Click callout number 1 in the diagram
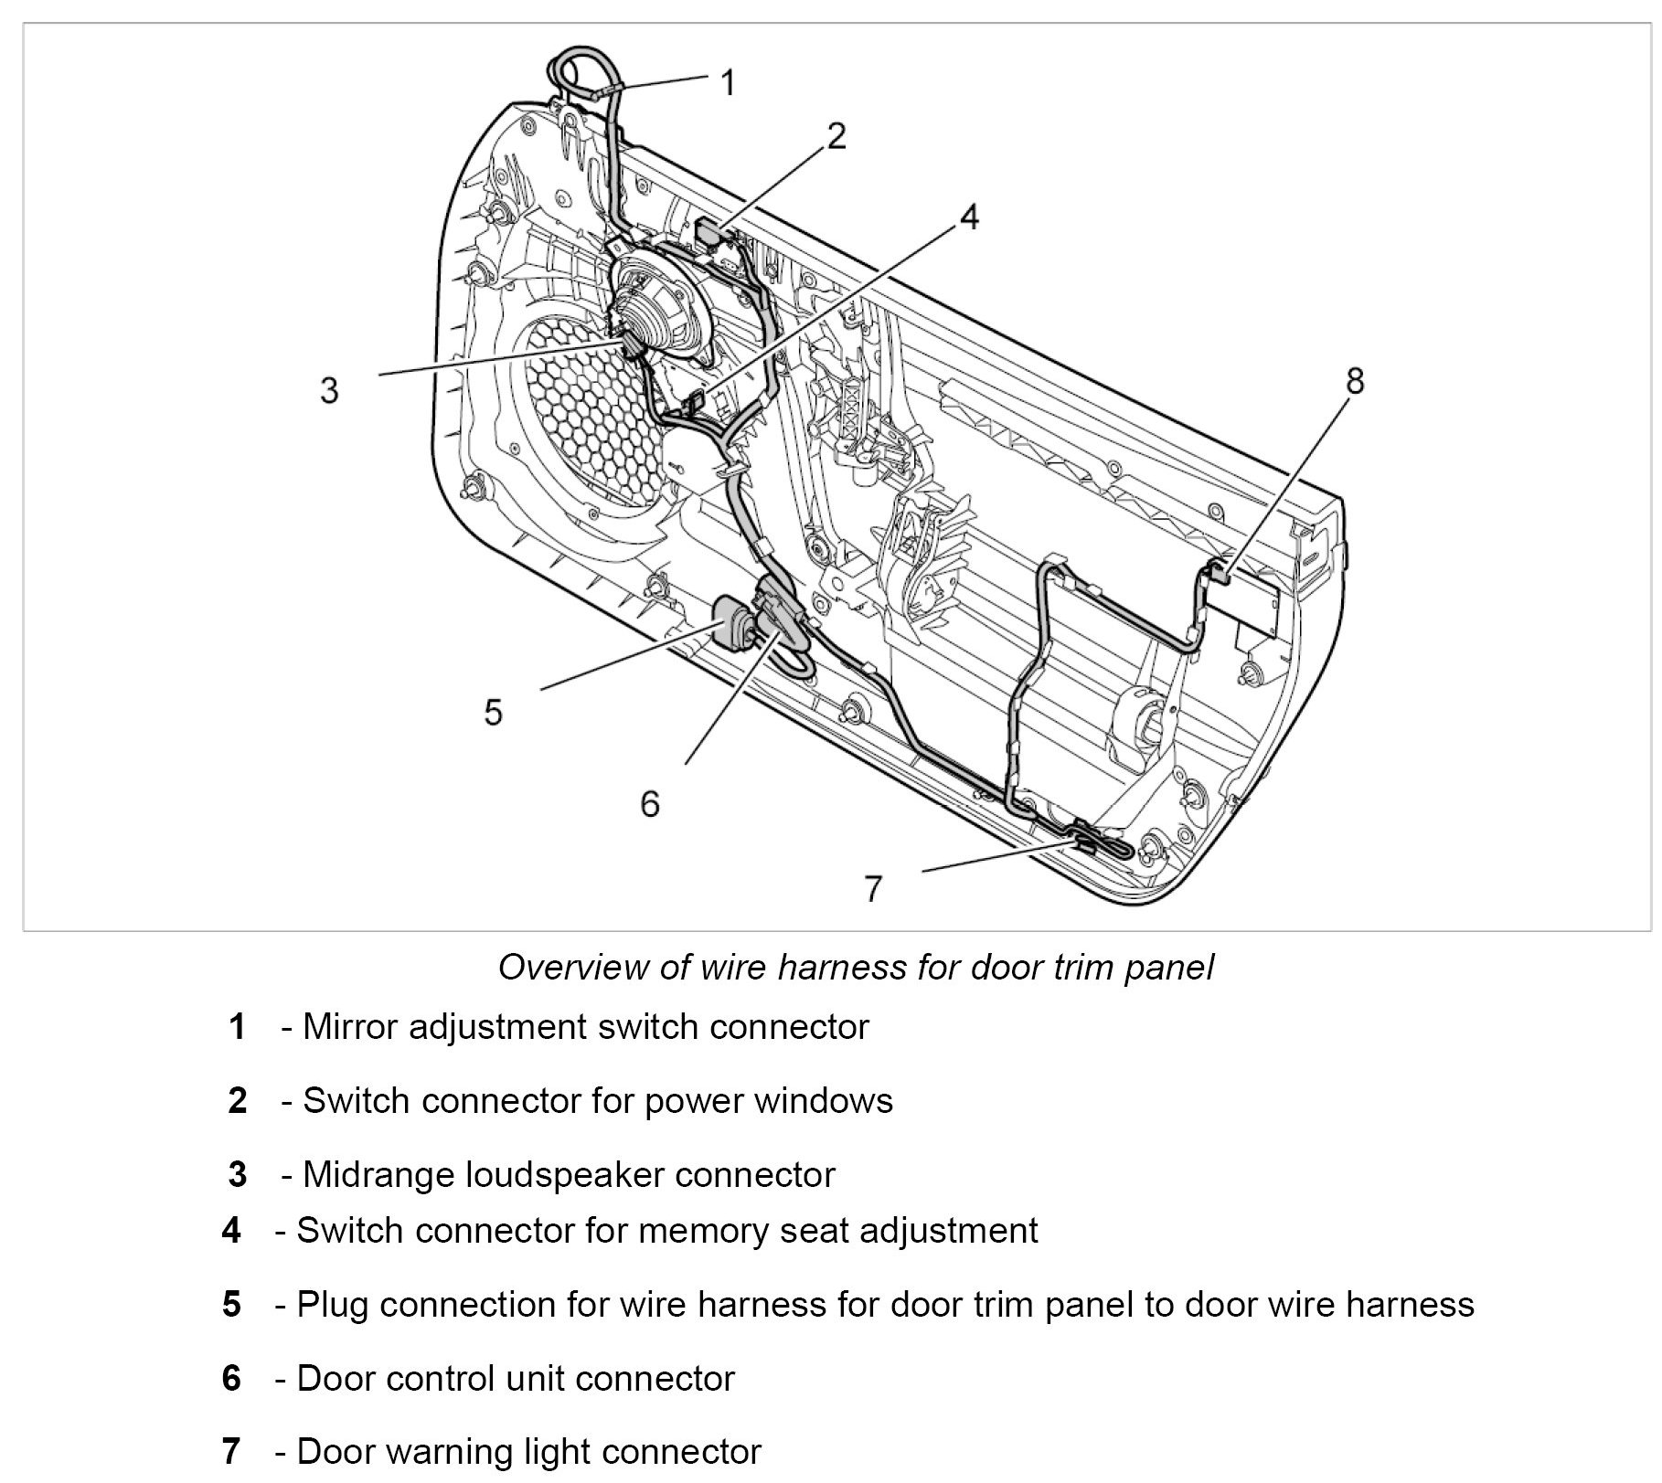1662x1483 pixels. click(x=728, y=84)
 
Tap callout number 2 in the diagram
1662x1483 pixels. click(x=836, y=136)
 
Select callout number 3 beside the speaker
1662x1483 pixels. click(x=329, y=391)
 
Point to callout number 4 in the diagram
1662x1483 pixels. click(x=969, y=217)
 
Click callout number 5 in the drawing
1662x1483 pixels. click(x=494, y=712)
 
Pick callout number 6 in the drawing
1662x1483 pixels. click(x=649, y=804)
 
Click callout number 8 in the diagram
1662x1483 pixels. click(x=1355, y=381)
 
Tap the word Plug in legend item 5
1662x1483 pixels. click(x=332, y=1304)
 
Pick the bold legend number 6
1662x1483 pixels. click(x=232, y=1378)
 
